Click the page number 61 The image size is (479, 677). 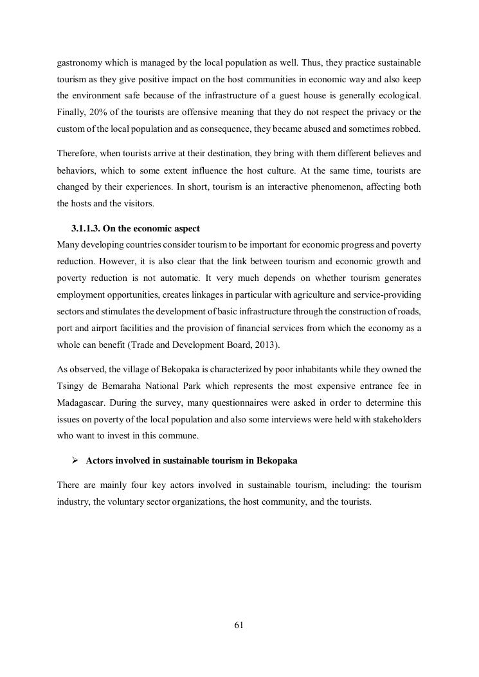239,625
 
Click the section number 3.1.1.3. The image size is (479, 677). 87,228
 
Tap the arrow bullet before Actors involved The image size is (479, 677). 75,461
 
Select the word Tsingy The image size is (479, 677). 70,385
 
